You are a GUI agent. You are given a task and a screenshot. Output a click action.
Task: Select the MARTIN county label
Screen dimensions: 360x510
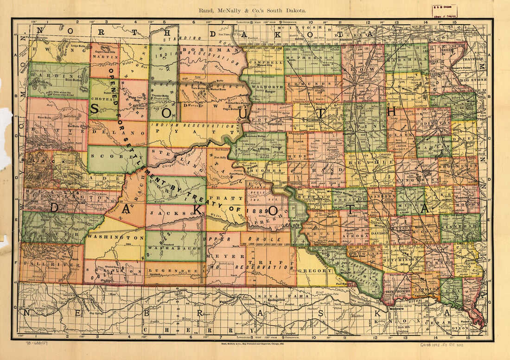[x=104, y=57]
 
